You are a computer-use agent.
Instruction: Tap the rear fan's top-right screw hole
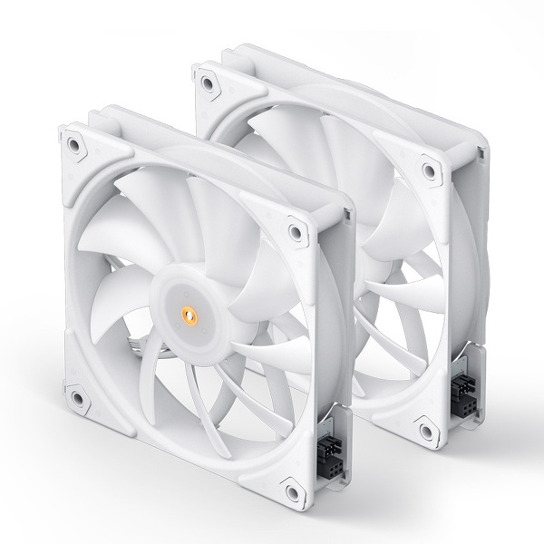pyautogui.click(x=425, y=168)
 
